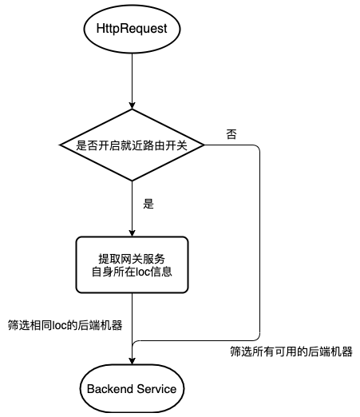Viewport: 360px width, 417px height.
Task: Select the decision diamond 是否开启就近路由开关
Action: tap(132, 145)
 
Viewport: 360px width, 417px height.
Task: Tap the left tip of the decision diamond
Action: tap(61, 145)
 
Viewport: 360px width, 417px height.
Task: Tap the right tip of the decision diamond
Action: tap(204, 145)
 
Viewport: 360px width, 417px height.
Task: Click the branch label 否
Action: tap(231, 133)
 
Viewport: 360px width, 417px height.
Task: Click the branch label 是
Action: tap(147, 204)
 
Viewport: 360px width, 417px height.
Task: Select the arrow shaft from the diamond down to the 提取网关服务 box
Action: tap(132, 204)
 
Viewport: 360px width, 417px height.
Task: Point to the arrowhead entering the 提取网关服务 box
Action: tap(132, 232)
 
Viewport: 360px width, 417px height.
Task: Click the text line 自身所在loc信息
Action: tap(133, 272)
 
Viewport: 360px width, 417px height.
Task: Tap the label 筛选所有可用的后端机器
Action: tap(291, 351)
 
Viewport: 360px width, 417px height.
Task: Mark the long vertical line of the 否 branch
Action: tap(261, 240)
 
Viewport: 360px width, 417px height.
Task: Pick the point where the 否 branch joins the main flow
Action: tap(133, 341)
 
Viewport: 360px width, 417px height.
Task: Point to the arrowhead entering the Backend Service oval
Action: tap(132, 362)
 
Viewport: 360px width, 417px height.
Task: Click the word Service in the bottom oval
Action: tap(158, 388)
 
